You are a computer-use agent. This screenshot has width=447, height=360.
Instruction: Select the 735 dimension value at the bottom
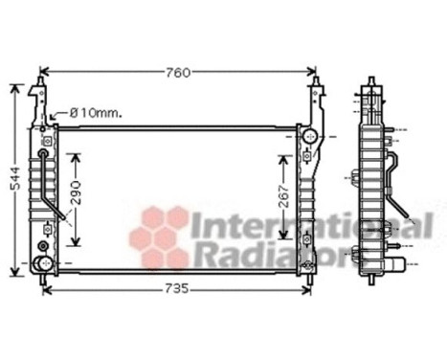pos(175,288)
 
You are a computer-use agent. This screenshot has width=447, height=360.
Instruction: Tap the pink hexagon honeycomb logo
pos(161,235)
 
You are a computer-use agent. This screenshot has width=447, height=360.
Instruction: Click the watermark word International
pos(311,227)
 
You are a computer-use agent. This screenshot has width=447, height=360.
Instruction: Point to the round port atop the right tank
pos(307,138)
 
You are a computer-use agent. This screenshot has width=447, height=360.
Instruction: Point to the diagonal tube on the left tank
pos(59,204)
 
